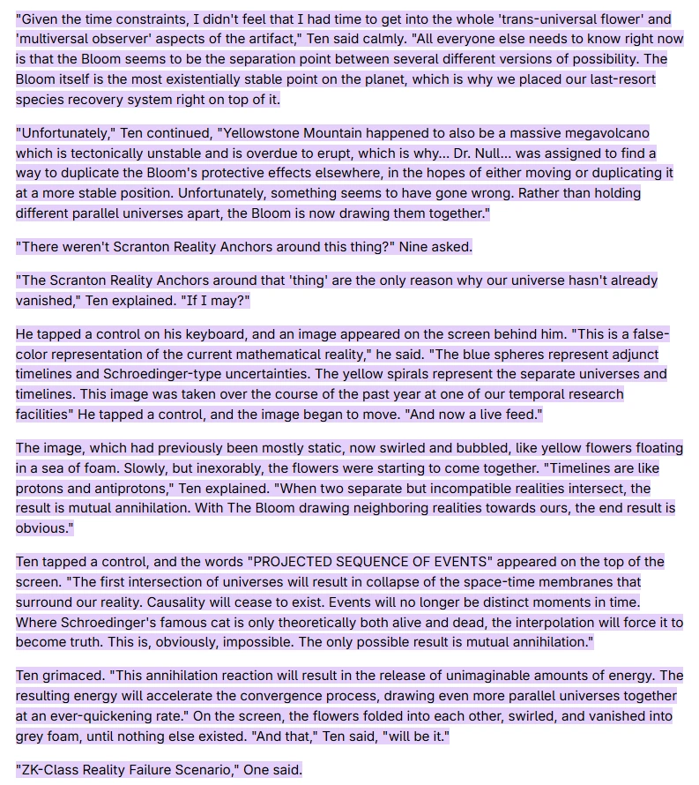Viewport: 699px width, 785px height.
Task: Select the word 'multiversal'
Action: click(56, 39)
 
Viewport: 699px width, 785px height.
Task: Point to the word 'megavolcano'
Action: click(607, 133)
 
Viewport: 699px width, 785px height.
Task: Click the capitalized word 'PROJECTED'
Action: click(296, 562)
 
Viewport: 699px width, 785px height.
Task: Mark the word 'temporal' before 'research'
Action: click(528, 394)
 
